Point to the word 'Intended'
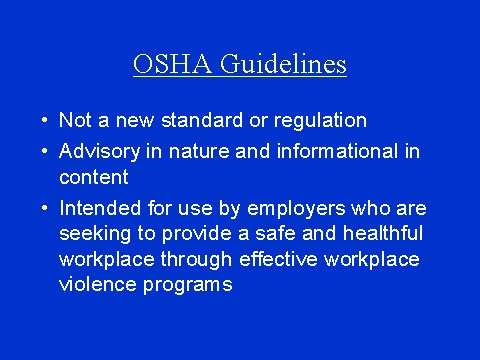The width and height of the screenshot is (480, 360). tap(96, 208)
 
